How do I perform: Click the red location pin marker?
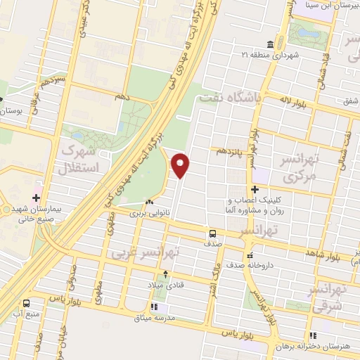pos(181,165)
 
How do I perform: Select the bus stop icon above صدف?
pos(212,233)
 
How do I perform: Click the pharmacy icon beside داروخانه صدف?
pos(249,256)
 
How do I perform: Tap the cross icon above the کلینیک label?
pos(255,189)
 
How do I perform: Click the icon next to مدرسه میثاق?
pos(154,307)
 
